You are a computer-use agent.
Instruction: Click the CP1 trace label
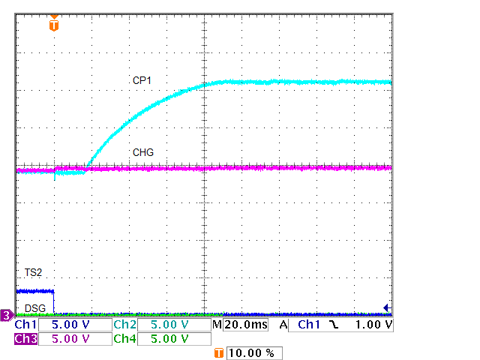tap(142, 79)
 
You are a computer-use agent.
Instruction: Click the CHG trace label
tap(143, 152)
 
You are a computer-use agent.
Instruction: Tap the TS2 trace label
tap(24, 271)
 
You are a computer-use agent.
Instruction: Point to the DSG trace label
tap(34, 308)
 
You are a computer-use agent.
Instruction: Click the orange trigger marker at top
tap(53, 24)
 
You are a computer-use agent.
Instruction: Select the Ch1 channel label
tap(25, 325)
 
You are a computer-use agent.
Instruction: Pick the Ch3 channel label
tap(25, 339)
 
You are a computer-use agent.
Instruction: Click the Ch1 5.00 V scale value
tap(73, 325)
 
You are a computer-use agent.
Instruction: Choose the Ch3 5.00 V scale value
tap(73, 339)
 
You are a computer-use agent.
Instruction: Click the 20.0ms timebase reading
tap(244, 325)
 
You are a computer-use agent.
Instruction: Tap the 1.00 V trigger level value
tap(373, 325)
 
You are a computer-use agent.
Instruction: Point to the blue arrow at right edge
tap(387, 307)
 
